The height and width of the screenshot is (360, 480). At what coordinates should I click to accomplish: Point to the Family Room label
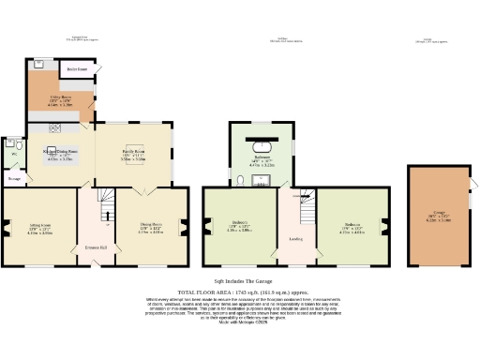click(133, 151)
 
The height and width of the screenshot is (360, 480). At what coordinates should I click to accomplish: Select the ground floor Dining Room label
click(151, 225)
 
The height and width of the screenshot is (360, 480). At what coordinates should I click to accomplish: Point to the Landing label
click(295, 238)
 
